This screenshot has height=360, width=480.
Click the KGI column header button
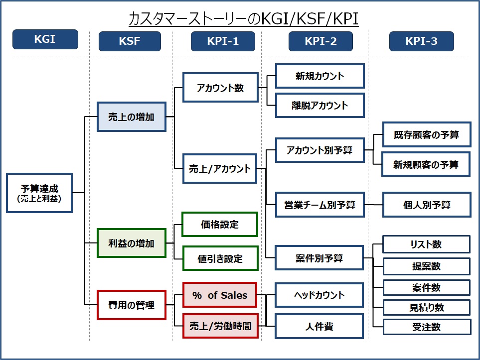(x=45, y=39)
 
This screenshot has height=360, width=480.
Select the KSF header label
(x=130, y=41)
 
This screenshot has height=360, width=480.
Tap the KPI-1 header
(x=223, y=41)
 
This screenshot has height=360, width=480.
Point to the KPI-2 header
(x=320, y=41)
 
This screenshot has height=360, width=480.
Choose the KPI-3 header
(x=421, y=41)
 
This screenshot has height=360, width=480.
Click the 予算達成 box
(x=39, y=193)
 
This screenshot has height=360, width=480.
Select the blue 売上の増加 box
(x=132, y=117)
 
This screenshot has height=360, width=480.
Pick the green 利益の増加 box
(x=132, y=243)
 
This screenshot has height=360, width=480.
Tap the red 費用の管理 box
(x=132, y=305)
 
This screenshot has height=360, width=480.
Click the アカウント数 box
(x=220, y=88)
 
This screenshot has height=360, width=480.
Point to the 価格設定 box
(x=220, y=225)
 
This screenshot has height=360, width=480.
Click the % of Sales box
(x=220, y=295)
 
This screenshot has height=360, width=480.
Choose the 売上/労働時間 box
(x=220, y=326)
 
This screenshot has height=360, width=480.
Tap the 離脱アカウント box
(x=320, y=105)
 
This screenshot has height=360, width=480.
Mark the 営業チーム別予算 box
(x=320, y=205)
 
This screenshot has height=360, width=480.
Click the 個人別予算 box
(x=427, y=205)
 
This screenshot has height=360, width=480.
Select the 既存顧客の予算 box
(x=426, y=135)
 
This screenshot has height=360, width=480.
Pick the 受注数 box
(x=426, y=327)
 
